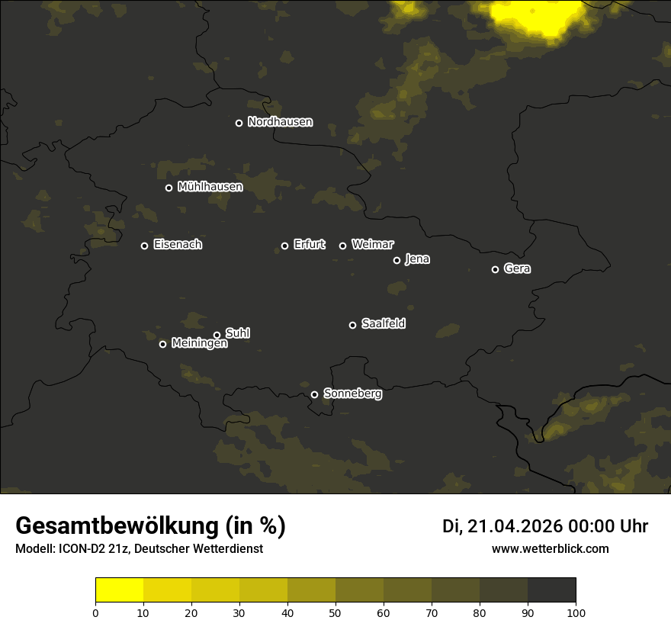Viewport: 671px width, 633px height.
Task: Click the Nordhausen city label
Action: pos(280,122)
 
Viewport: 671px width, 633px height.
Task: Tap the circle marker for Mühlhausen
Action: pos(169,188)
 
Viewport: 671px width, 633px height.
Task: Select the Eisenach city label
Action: pos(178,245)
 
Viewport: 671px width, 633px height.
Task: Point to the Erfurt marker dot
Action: pos(284,246)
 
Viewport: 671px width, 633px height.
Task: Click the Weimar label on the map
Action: pos(373,245)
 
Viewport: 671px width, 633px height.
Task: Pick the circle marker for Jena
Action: pos(396,260)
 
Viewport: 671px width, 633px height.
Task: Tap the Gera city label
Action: pos(517,268)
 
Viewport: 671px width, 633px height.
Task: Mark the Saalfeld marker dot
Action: pos(352,325)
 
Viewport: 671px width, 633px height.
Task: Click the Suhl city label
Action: pos(238,333)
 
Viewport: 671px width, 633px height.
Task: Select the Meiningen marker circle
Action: pos(162,344)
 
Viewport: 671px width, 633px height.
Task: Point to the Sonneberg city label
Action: pos(352,394)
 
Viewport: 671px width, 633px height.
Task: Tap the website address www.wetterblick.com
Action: pos(550,548)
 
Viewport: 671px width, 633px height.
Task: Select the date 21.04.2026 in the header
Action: pos(515,526)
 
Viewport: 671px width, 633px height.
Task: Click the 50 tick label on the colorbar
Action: pos(335,612)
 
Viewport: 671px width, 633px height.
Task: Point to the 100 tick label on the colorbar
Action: pos(576,612)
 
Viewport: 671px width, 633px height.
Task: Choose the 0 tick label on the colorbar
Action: pos(95,612)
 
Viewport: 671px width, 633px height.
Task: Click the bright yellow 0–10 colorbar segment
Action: pos(120,590)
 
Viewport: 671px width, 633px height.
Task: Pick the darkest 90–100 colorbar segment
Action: pos(551,590)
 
